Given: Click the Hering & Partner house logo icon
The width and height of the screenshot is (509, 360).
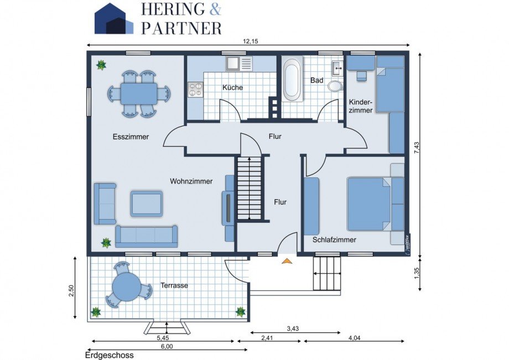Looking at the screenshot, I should (x=113, y=19).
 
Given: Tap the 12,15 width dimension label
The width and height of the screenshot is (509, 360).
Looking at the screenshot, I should (x=250, y=41).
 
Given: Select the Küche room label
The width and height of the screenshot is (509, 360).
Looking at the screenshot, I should (x=232, y=87).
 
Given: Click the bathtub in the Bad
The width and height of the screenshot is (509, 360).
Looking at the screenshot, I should (x=293, y=81).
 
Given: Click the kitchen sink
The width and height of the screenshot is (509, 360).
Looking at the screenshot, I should (x=233, y=64).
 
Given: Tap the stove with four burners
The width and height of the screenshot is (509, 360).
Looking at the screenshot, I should (x=195, y=89).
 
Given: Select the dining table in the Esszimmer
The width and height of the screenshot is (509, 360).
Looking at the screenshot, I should (x=139, y=93).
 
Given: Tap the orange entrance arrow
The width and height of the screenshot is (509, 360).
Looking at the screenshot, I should (x=287, y=260).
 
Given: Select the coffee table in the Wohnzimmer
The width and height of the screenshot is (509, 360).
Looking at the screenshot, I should (x=147, y=204).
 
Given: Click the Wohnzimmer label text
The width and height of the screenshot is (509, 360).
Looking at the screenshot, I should (x=191, y=181).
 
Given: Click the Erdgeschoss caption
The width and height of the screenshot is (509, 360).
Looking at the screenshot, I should (x=109, y=355).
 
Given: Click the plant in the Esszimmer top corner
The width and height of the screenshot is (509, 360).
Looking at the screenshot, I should (x=101, y=65).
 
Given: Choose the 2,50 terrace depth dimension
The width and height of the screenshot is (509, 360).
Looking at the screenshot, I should (x=71, y=290).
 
